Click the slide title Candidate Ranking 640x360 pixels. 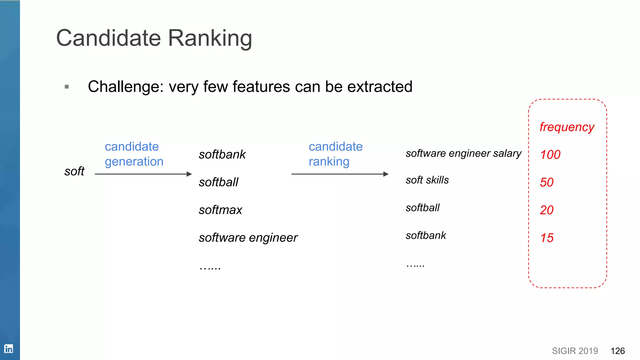coord(154,38)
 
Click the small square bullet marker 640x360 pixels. coord(67,87)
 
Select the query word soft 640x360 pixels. coord(74,171)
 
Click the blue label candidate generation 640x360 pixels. coord(134,154)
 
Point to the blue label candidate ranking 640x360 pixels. coord(335,154)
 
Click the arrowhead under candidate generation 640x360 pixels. coord(189,174)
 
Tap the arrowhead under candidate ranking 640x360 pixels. coord(386,174)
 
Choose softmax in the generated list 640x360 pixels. coord(220,210)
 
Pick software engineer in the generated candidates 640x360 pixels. coord(248,238)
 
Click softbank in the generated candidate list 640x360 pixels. coord(222,155)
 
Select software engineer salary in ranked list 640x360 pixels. coord(463,153)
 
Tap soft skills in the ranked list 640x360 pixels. coord(427,180)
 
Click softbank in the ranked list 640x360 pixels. coord(426,235)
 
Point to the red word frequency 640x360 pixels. coord(567,127)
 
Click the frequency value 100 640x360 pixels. coord(550,155)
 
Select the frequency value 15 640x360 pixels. coord(547,238)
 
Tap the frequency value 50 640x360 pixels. coord(547,182)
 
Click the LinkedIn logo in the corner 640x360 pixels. coord(8,349)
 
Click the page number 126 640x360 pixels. coord(617,351)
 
